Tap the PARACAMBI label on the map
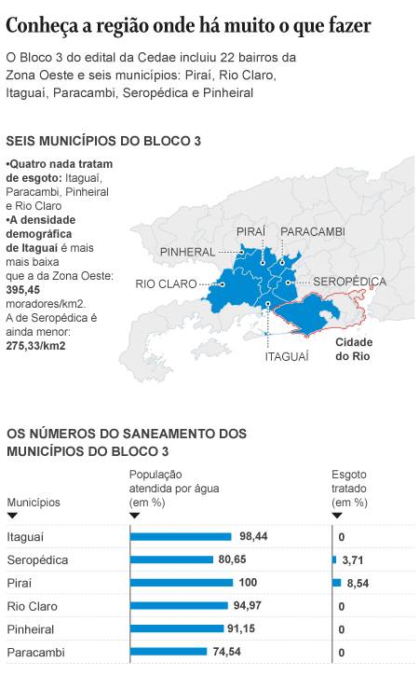pos(312,231)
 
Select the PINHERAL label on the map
pos(187,252)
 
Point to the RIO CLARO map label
pos(166,283)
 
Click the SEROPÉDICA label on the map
pos(349,281)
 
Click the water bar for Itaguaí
pos(181,537)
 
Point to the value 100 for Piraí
pos(248,583)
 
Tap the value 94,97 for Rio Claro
pos(247,606)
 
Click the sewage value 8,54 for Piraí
pos(358,583)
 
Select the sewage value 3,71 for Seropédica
pos(355,559)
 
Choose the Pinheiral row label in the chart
pos(31,629)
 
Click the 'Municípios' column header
pos(34,503)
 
